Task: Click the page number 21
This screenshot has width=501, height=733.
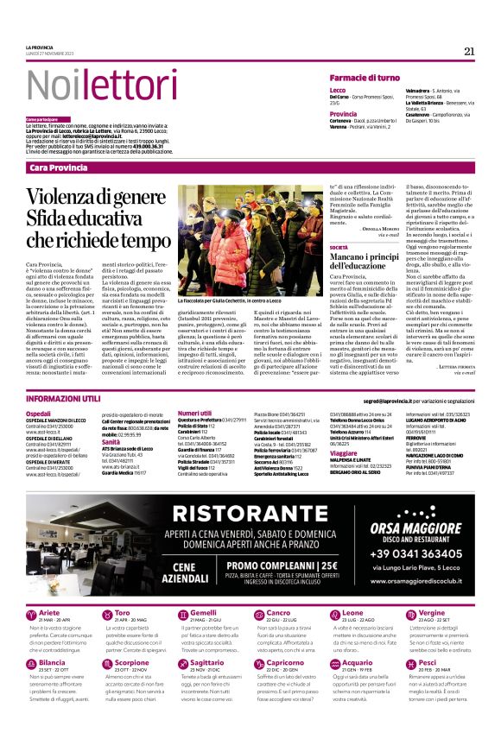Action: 469,51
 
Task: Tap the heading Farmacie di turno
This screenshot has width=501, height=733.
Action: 364,78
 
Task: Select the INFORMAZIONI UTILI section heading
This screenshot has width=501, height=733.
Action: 64,399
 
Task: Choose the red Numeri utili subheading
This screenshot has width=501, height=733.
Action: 194,414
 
